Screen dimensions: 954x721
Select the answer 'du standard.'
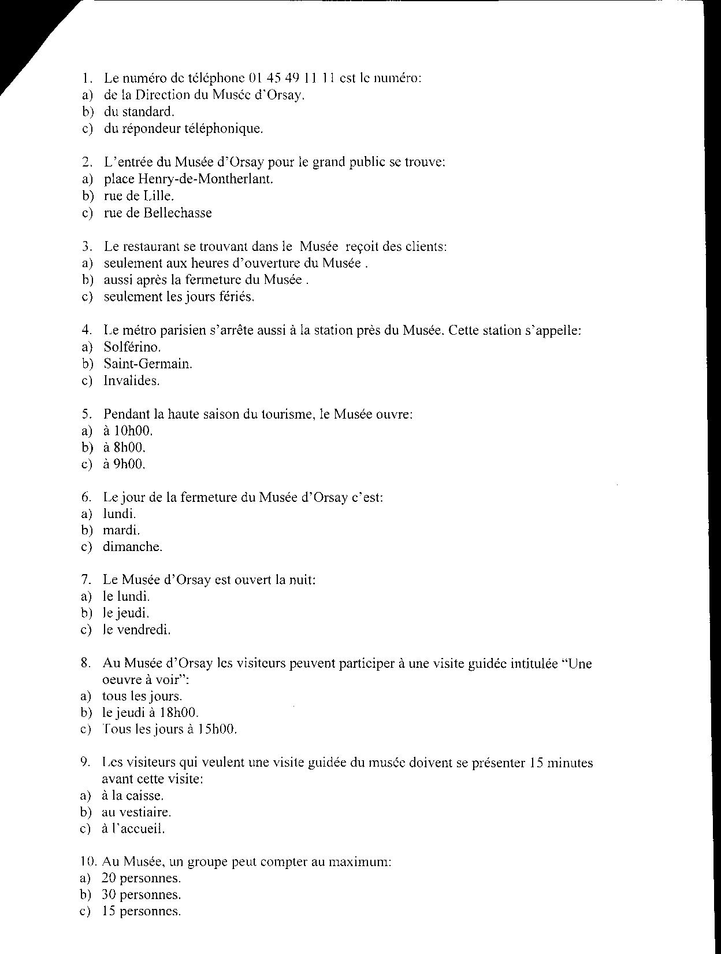pyautogui.click(x=139, y=112)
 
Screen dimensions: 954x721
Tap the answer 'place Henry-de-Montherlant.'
pyautogui.click(x=188, y=179)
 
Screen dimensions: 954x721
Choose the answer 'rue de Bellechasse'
pyautogui.click(x=158, y=213)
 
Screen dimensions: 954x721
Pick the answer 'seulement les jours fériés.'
pyautogui.click(x=179, y=297)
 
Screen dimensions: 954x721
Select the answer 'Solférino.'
pyautogui.click(x=132, y=347)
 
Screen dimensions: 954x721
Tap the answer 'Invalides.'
pyautogui.click(x=132, y=380)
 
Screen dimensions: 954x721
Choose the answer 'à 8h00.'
pyautogui.click(x=124, y=448)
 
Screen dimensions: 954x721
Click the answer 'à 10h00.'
pyautogui.click(x=128, y=431)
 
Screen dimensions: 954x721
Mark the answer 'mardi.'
pyautogui.click(x=121, y=530)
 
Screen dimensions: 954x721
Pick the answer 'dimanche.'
pyautogui.click(x=132, y=547)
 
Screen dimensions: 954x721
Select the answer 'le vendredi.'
pyautogui.click(x=136, y=630)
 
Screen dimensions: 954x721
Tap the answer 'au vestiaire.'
pyautogui.click(x=136, y=812)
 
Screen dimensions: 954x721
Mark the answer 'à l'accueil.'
pyautogui.click(x=133, y=829)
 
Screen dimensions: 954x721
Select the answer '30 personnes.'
pyautogui.click(x=141, y=895)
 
